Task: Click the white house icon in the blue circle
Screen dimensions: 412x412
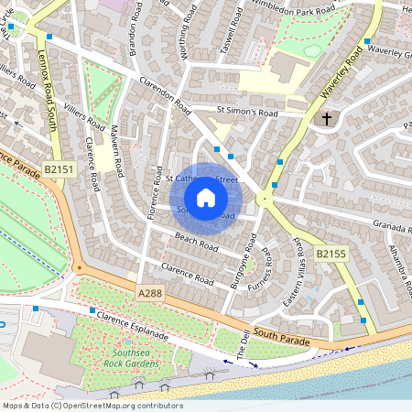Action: pyautogui.click(x=206, y=198)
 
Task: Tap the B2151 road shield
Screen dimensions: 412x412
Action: pyautogui.click(x=58, y=169)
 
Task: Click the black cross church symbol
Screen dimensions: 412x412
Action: pyautogui.click(x=326, y=118)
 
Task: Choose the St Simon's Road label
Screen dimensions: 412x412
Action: pyautogui.click(x=246, y=111)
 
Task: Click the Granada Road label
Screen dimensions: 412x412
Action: pyautogui.click(x=392, y=225)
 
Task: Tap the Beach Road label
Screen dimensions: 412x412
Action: pyautogui.click(x=196, y=243)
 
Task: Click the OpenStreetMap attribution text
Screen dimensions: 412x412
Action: pyautogui.click(x=92, y=405)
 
